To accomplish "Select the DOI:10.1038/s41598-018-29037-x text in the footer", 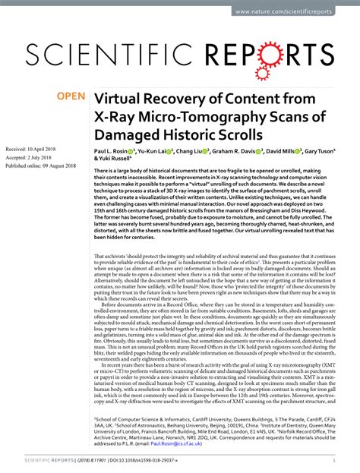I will (x=141, y=460).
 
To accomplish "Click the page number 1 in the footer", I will (x=334, y=460).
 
